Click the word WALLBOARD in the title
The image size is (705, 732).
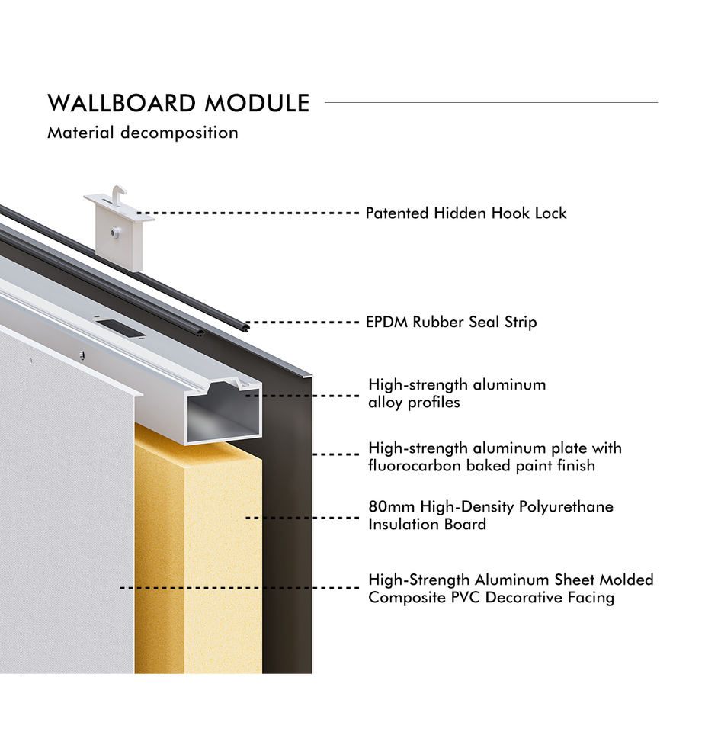[x=112, y=103]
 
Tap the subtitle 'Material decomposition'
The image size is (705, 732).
[x=143, y=133]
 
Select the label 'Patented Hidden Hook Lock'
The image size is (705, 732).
[x=466, y=213]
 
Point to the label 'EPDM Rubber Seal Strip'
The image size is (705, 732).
[x=451, y=322]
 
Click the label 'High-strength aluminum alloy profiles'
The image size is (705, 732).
[x=457, y=393]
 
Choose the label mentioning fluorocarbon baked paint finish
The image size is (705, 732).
[x=495, y=456]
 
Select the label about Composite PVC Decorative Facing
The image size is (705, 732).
[x=511, y=589]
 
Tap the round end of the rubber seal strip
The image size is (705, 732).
[x=245, y=326]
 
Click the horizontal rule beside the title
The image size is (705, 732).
[x=491, y=102]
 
